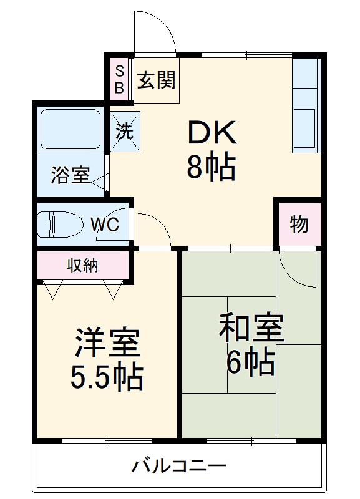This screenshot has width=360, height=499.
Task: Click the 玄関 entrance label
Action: coord(157,80)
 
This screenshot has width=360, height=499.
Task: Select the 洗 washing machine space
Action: coord(125,131)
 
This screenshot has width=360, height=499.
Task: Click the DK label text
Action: coord(212,133)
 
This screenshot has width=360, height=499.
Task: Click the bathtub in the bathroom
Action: coord(69,129)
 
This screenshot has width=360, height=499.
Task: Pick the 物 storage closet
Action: coord(299,224)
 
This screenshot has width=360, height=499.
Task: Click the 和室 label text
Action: coord(251,328)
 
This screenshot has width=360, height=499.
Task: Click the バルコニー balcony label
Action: coord(178,465)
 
